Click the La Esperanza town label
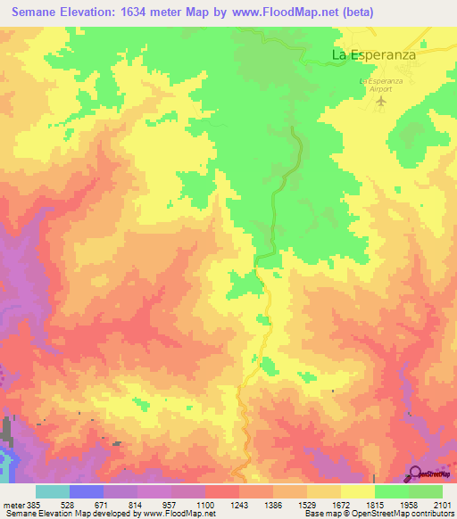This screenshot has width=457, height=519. (x=376, y=54)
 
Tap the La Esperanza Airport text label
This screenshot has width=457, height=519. (x=383, y=86)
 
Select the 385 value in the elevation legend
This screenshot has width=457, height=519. (x=28, y=505)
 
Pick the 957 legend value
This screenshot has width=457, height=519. (x=155, y=505)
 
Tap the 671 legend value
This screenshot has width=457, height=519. (x=87, y=505)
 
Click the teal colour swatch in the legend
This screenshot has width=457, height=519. (x=53, y=491)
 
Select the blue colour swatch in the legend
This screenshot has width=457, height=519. (x=87, y=491)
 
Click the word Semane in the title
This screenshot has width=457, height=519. (x=39, y=12)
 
